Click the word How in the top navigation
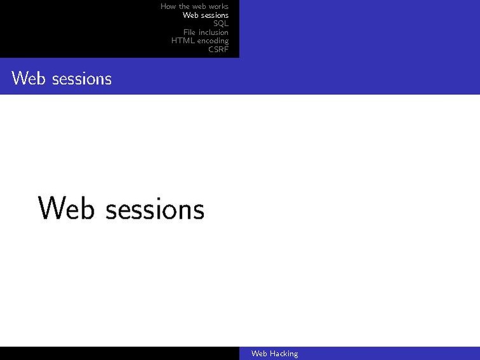click(168, 6)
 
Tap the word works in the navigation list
click(218, 6)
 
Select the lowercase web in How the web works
click(199, 6)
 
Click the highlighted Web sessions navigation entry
click(205, 15)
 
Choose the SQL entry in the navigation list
click(221, 24)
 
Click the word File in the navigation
click(190, 32)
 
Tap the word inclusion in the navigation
click(213, 32)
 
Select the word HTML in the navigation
click(181, 41)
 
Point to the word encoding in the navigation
click(212, 41)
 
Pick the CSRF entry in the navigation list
click(218, 49)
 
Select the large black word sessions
click(155, 209)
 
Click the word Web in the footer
click(258, 354)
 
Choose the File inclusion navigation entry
click(206, 32)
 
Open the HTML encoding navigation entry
click(200, 41)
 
